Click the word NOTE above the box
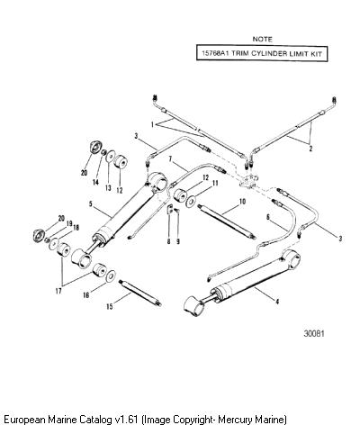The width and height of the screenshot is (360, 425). (x=262, y=40)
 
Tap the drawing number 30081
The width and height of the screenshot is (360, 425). (x=314, y=333)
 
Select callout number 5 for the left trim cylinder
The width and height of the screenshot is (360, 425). (x=91, y=205)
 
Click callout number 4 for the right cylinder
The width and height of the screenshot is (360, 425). (x=277, y=302)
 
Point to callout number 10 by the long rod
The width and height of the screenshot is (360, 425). (x=242, y=202)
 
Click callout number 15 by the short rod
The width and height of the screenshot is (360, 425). (x=110, y=306)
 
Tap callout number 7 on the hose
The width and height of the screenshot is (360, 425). (x=170, y=159)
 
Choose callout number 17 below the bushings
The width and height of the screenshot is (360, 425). (x=58, y=291)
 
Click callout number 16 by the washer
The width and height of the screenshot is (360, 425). (x=86, y=295)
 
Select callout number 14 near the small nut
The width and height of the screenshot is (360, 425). (x=95, y=182)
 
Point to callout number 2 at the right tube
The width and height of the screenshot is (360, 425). (x=310, y=149)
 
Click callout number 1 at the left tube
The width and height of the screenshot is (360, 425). (x=152, y=124)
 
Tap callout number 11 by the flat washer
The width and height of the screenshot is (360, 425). (x=215, y=183)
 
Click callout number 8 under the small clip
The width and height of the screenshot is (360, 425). (x=168, y=241)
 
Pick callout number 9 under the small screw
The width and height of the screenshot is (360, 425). (x=178, y=241)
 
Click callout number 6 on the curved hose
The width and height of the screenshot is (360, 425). (x=268, y=217)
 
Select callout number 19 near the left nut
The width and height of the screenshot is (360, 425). (x=69, y=223)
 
